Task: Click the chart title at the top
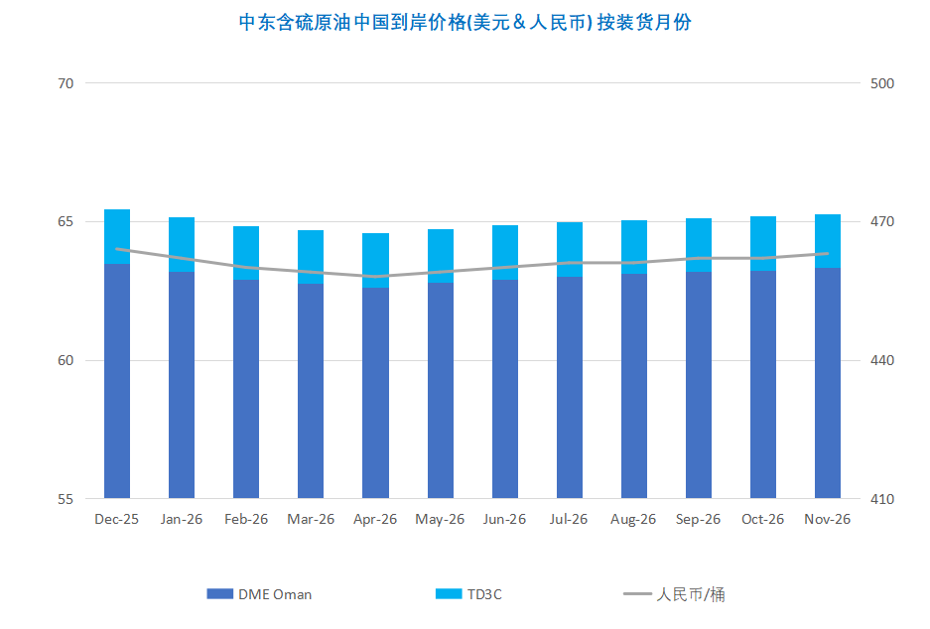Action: click(x=465, y=23)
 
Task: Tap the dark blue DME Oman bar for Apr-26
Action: click(x=375, y=392)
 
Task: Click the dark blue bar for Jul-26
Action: click(x=570, y=387)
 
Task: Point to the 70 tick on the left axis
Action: click(x=66, y=83)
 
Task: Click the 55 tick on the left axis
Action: click(x=66, y=499)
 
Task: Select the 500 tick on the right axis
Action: click(x=881, y=83)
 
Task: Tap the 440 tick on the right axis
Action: click(x=881, y=360)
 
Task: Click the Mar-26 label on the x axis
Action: click(x=311, y=520)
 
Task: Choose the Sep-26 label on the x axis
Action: click(x=698, y=520)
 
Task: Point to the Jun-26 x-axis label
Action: click(x=504, y=520)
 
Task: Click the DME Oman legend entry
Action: click(x=260, y=594)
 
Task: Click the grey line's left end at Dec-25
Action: click(x=117, y=249)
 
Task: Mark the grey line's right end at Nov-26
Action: click(x=828, y=253)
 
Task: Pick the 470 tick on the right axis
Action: click(x=881, y=222)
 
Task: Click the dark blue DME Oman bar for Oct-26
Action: click(x=763, y=385)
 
